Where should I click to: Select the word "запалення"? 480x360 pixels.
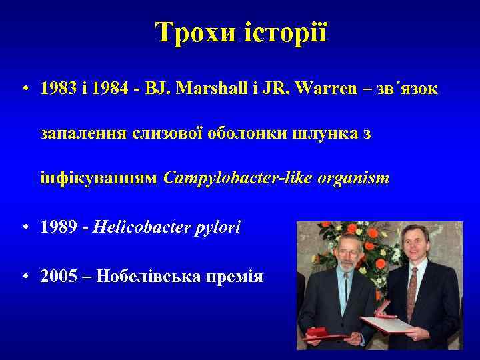(x=75, y=135)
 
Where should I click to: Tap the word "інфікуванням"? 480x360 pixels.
(x=99, y=179)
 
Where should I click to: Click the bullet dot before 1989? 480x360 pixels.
(x=25, y=227)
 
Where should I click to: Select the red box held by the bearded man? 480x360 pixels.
(x=323, y=331)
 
